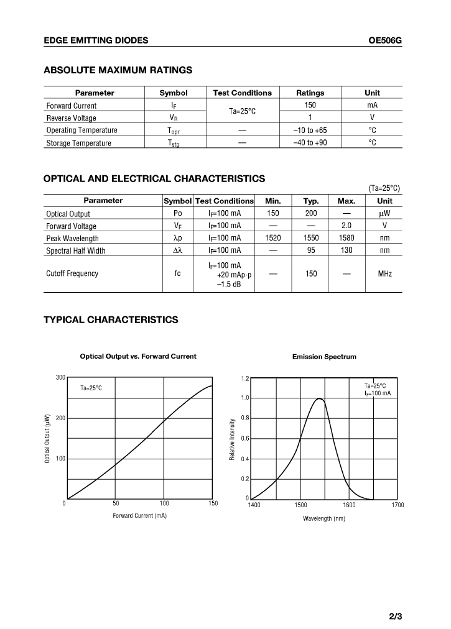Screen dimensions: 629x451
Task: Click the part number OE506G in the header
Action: tap(385, 40)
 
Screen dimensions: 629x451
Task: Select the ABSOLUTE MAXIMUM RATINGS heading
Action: tap(118, 70)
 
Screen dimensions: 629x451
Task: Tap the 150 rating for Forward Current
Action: tap(310, 105)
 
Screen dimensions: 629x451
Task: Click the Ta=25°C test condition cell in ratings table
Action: tap(242, 111)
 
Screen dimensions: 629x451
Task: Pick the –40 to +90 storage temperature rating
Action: tap(310, 143)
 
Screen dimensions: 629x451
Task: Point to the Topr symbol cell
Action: tap(173, 131)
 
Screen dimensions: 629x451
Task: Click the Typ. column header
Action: tap(311, 201)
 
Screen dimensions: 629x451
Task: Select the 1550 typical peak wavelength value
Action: tap(311, 238)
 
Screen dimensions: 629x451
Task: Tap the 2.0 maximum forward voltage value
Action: tap(346, 226)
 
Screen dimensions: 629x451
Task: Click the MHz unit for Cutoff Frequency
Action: tap(384, 273)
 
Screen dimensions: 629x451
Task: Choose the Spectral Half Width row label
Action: tap(75, 250)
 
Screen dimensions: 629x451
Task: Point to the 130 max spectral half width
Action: tap(346, 250)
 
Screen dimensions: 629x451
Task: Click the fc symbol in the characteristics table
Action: tap(177, 273)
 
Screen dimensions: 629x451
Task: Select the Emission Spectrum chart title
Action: tap(324, 357)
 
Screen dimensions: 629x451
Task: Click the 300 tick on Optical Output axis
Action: tap(60, 377)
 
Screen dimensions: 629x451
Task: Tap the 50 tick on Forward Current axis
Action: tap(116, 503)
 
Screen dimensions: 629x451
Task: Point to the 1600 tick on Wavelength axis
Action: tap(349, 505)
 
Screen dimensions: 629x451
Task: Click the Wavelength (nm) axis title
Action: tap(324, 518)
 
